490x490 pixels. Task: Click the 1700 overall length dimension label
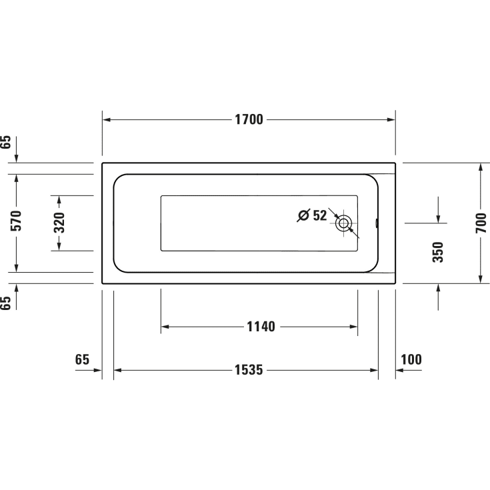pyautogui.click(x=249, y=120)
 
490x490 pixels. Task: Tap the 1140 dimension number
pyautogui.click(x=261, y=327)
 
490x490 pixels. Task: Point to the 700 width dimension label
pyautogui.click(x=481, y=223)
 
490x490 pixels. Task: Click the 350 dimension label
pyautogui.click(x=438, y=251)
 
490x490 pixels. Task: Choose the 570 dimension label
pyautogui.click(x=17, y=221)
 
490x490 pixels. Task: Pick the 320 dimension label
pyautogui.click(x=59, y=223)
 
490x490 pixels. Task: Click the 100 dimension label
pyautogui.click(x=411, y=360)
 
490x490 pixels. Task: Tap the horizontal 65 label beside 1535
pyautogui.click(x=82, y=360)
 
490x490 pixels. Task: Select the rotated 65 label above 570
pyautogui.click(x=6, y=142)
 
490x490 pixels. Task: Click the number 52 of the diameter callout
pyautogui.click(x=320, y=215)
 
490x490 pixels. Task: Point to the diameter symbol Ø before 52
pyautogui.click(x=303, y=215)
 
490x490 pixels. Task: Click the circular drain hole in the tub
pyautogui.click(x=344, y=223)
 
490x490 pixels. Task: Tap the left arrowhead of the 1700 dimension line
pyautogui.click(x=106, y=120)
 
